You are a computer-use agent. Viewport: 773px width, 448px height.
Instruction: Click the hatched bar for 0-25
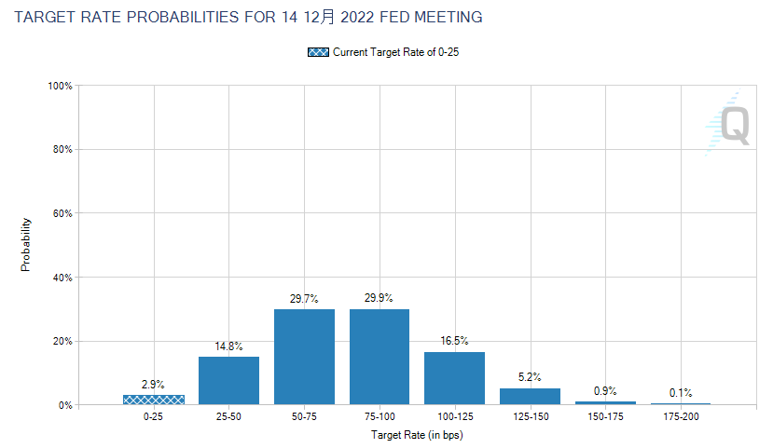[154, 400]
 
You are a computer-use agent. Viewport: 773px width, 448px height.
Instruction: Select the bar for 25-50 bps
[228, 381]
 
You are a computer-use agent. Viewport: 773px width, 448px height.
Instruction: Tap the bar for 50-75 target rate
[304, 357]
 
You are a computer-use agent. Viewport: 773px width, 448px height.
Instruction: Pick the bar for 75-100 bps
[380, 357]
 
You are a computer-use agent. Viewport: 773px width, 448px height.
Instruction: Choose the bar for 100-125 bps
[454, 378]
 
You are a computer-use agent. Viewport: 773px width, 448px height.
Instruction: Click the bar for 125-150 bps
[530, 396]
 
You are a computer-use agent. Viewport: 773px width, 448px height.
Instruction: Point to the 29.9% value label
[380, 298]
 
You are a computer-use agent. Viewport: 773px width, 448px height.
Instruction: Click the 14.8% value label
[228, 346]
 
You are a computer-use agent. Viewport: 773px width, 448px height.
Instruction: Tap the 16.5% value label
[454, 341]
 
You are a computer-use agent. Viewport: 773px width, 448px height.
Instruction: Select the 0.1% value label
[680, 393]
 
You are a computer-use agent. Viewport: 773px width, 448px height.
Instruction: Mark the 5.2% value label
[530, 377]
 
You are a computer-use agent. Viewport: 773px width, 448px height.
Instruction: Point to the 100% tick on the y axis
[60, 86]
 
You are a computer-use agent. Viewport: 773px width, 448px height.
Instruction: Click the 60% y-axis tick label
[62, 213]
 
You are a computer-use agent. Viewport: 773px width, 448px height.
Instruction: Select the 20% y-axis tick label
[62, 341]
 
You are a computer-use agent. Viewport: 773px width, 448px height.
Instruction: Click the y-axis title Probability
[26, 245]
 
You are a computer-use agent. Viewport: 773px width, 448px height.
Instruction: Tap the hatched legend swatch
[318, 52]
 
